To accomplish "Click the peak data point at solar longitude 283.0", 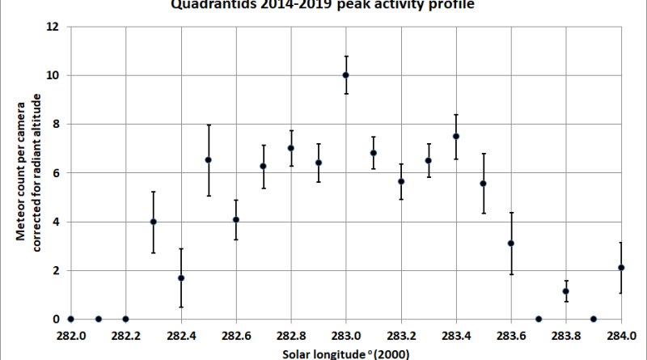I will pyautogui.click(x=346, y=75).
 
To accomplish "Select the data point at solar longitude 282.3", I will pyautogui.click(x=153, y=222).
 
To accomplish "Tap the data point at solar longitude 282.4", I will pyautogui.click(x=181, y=278).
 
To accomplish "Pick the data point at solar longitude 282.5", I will pyautogui.click(x=209, y=160).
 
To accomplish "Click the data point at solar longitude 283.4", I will pyautogui.click(x=456, y=136).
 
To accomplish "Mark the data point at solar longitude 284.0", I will pyautogui.click(x=621, y=268).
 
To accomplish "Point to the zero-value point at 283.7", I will pyautogui.click(x=539, y=319).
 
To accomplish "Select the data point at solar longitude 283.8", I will pyautogui.click(x=566, y=291).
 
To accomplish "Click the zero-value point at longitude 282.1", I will pyautogui.click(x=98, y=319).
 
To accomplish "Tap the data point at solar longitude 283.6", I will pyautogui.click(x=511, y=244).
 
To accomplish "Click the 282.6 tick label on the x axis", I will pyautogui.click(x=235, y=336).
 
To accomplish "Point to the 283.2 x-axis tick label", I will pyautogui.click(x=401, y=336).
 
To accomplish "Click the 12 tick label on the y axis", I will pyautogui.click(x=53, y=27).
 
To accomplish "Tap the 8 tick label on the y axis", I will pyautogui.click(x=57, y=125).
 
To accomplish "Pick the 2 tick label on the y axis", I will pyautogui.click(x=57, y=271).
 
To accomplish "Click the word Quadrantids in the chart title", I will pyautogui.click(x=203, y=4).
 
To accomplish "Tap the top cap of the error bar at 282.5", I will pyautogui.click(x=209, y=125).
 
